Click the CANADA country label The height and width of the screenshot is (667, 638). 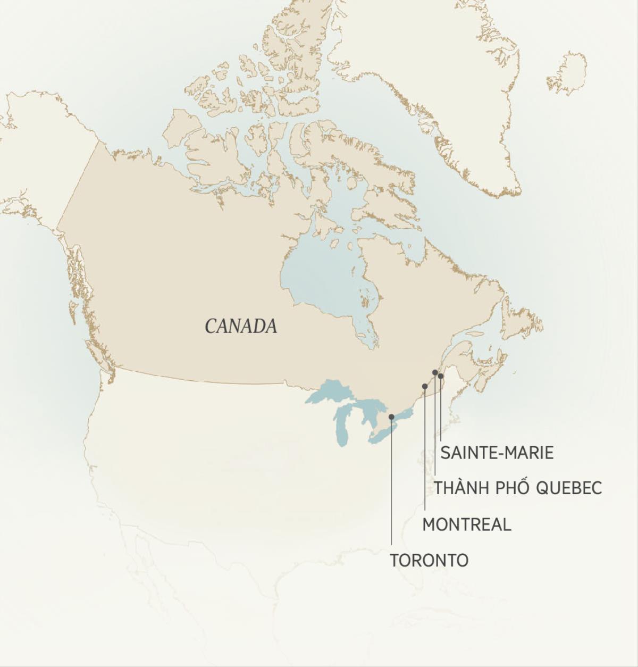coord(241,326)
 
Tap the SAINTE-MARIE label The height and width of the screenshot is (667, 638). coord(497,453)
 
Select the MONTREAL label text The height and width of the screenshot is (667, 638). coord(466,524)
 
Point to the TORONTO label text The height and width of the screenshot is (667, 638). coord(429,560)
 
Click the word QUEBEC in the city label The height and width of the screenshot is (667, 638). coord(568,488)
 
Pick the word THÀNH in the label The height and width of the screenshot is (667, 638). coord(460,488)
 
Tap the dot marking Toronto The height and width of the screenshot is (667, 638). coord(391,417)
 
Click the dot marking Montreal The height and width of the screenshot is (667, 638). coord(424,386)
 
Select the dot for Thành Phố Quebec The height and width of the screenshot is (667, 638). coord(435,372)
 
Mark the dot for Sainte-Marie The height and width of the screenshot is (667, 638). coord(441,376)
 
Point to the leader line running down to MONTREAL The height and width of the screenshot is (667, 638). coord(424,452)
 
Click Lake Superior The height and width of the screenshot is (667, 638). coord(330,394)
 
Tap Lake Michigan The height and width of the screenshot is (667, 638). coord(342,426)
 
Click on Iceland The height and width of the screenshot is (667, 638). coord(568,73)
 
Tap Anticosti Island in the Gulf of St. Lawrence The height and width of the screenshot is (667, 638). coord(475,334)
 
